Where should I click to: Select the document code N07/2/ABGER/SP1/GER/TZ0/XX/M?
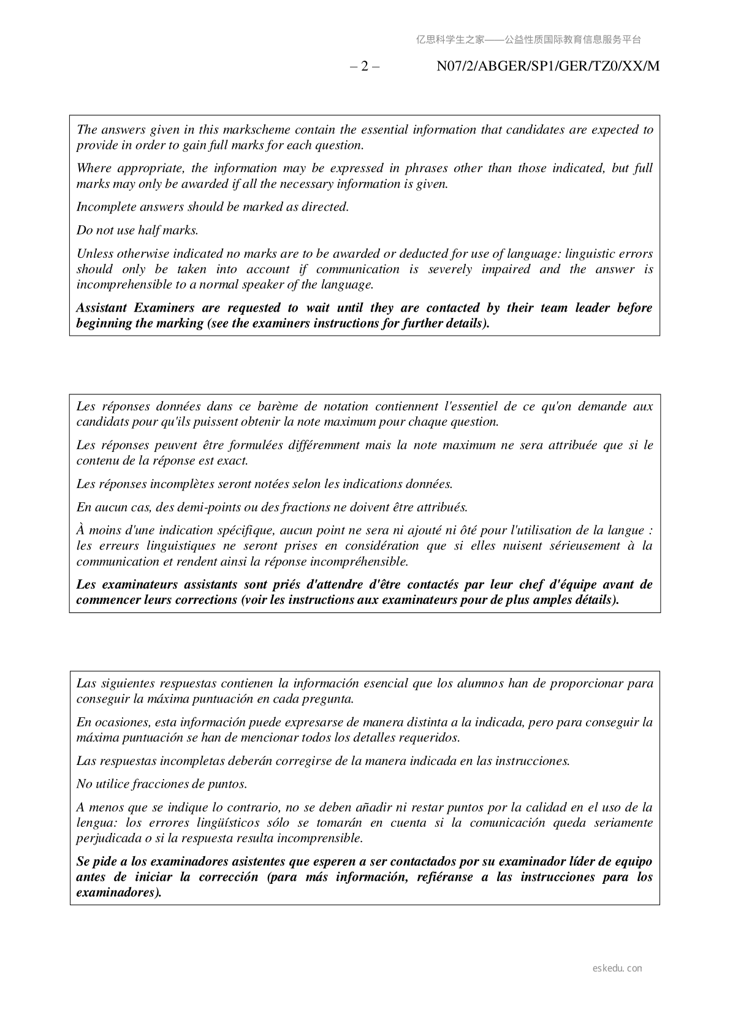(x=548, y=66)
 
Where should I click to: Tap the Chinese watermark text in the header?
(x=528, y=40)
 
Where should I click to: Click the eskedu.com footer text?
(x=617, y=968)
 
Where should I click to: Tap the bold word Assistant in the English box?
(x=101, y=308)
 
